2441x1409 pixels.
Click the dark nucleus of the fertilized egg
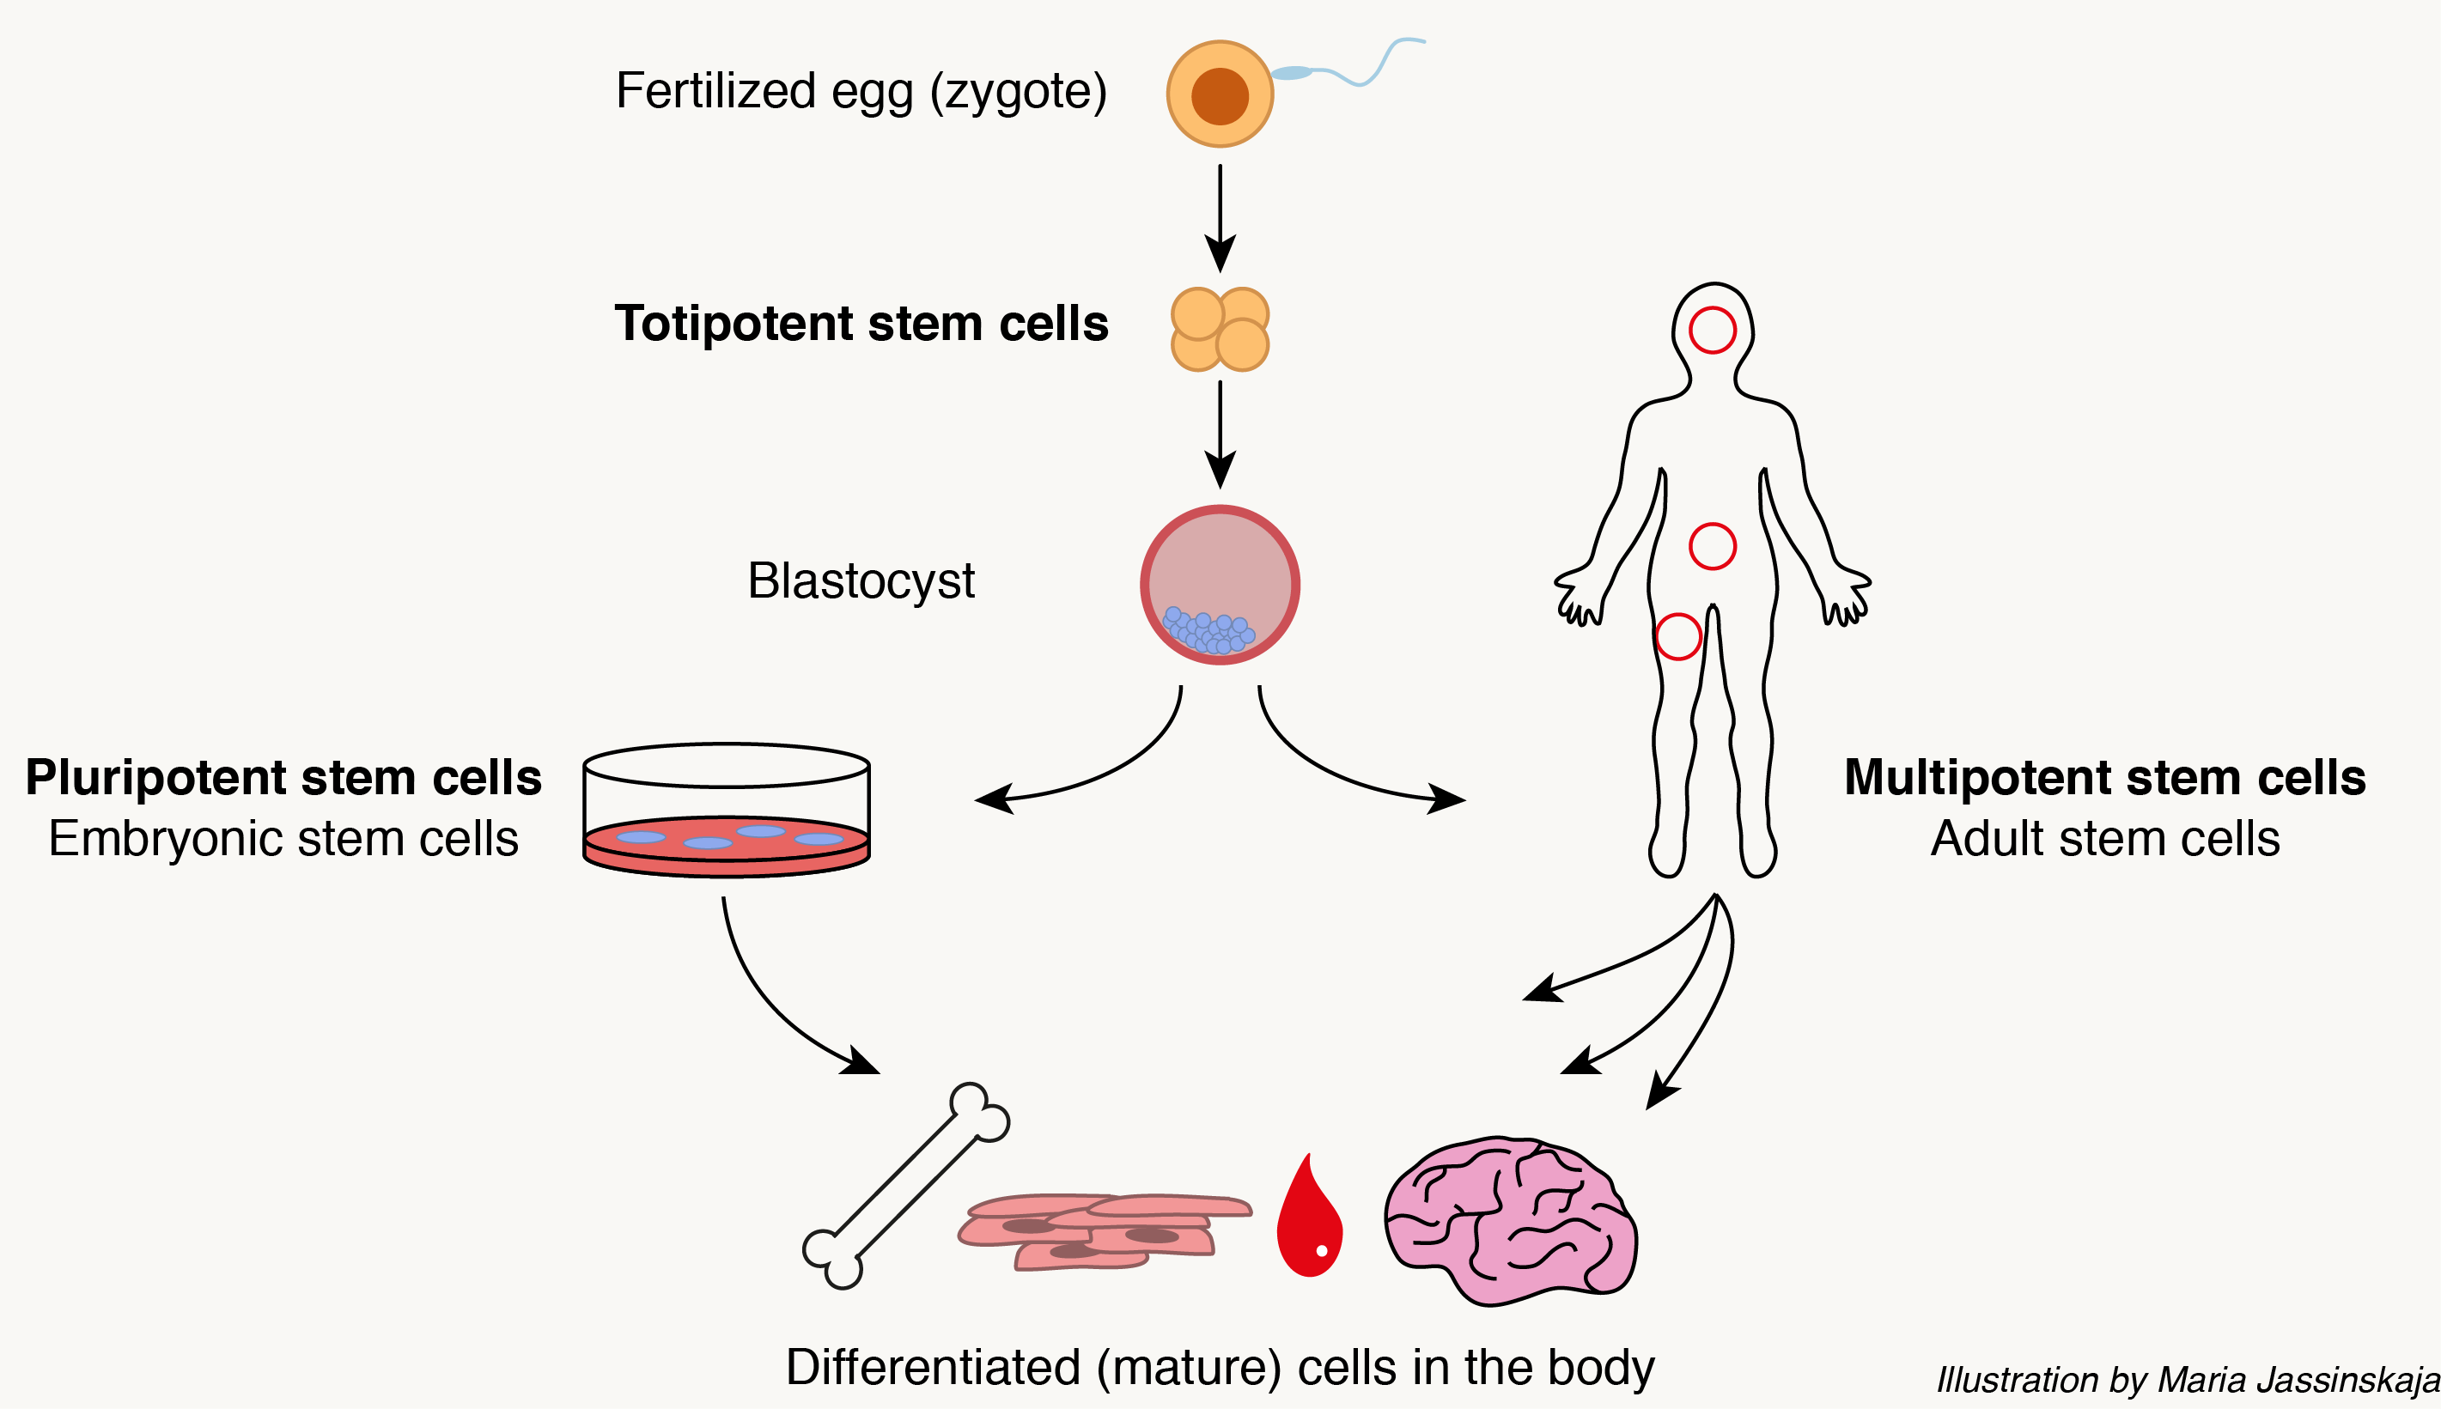click(x=1220, y=96)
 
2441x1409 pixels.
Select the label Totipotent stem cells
click(x=861, y=323)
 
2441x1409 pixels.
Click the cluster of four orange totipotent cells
click(x=1220, y=329)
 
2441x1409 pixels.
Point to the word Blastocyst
click(x=861, y=580)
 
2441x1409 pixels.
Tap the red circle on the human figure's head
click(x=1712, y=330)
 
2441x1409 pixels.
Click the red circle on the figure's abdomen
click(x=1712, y=546)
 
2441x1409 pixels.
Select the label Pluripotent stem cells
click(x=283, y=777)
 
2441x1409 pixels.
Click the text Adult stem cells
click(x=2105, y=838)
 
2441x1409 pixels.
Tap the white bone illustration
click(x=905, y=1186)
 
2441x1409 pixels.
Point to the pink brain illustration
click(x=1510, y=1219)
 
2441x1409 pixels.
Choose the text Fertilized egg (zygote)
click(x=861, y=91)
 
